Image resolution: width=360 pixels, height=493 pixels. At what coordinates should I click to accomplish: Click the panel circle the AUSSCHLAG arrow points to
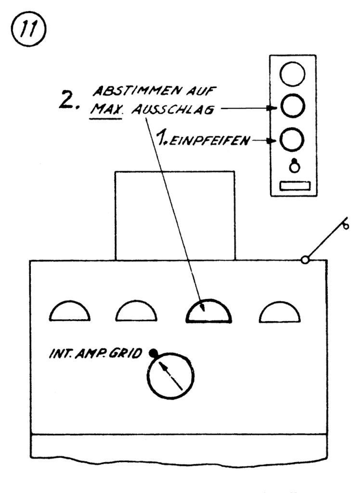[293, 107]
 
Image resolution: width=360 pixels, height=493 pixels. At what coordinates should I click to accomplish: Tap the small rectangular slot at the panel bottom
[293, 186]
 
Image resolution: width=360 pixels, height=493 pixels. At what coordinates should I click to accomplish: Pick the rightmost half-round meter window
[281, 313]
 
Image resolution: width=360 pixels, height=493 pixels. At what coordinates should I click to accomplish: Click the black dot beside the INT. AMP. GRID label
[153, 353]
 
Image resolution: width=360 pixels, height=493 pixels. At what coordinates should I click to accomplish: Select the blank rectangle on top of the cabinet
[175, 215]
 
